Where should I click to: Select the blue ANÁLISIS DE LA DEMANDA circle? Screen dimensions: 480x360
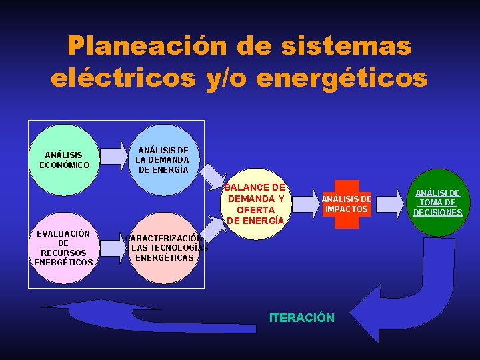[x=162, y=160]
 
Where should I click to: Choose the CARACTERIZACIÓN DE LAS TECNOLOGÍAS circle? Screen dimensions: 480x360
[x=163, y=248]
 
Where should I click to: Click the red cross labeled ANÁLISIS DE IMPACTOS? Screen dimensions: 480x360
[x=346, y=204]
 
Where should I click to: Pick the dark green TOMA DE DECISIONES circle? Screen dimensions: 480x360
[x=437, y=202]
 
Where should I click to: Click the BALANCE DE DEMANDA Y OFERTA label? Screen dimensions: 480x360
[x=256, y=204]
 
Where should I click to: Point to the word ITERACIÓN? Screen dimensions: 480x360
[x=301, y=318]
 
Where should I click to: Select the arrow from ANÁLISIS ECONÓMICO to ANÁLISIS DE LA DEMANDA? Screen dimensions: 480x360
[x=119, y=155]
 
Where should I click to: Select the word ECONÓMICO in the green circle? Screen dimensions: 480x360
[x=64, y=165]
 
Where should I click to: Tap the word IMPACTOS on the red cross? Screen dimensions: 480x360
[x=346, y=209]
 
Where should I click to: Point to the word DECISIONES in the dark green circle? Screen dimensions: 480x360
[x=437, y=213]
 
